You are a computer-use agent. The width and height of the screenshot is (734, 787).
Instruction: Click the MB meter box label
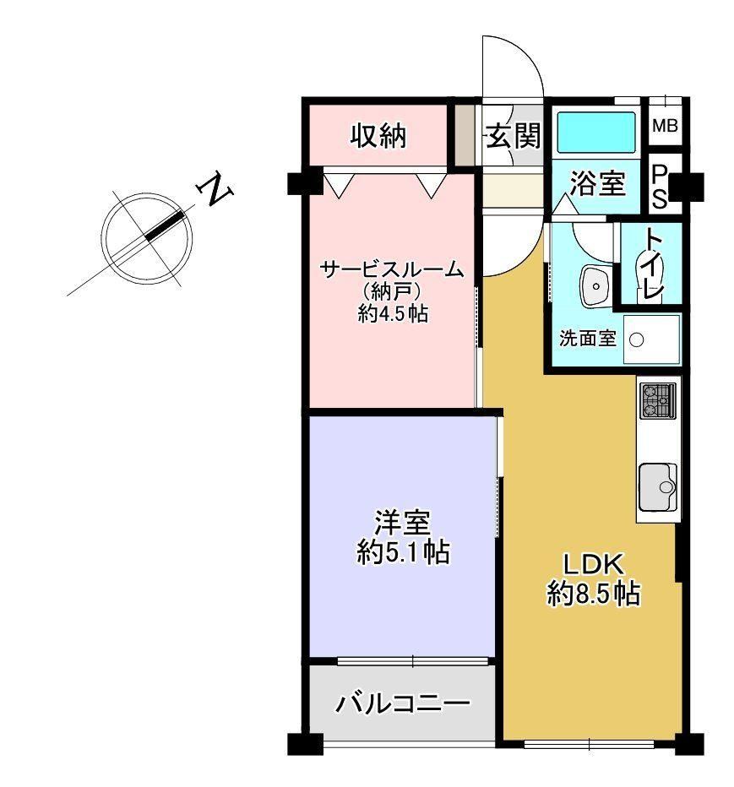[x=666, y=126]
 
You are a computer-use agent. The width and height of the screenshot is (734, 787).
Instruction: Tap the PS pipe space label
[x=659, y=187]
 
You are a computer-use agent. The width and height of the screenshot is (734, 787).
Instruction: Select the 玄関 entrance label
[x=514, y=135]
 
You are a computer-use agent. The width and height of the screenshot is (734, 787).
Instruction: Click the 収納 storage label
[x=378, y=135]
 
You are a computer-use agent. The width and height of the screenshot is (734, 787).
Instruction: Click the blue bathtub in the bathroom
[x=596, y=132]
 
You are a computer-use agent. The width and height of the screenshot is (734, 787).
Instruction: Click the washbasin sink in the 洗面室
[x=595, y=285]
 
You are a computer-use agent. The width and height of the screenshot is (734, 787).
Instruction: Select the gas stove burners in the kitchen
[x=658, y=400]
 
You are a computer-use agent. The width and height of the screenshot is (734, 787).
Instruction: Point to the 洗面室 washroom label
[x=587, y=339]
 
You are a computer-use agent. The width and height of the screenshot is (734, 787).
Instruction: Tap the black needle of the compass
[x=165, y=225]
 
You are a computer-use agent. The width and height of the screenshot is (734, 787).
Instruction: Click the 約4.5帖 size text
[x=393, y=314]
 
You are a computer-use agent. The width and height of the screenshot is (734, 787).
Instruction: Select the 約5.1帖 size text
[x=403, y=552]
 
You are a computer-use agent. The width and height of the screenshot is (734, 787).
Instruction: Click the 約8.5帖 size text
[x=594, y=594]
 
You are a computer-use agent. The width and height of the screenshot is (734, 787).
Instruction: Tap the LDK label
[x=594, y=564]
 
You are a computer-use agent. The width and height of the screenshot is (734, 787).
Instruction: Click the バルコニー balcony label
[x=403, y=703]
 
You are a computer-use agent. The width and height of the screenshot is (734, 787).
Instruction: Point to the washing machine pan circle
[x=636, y=340]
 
